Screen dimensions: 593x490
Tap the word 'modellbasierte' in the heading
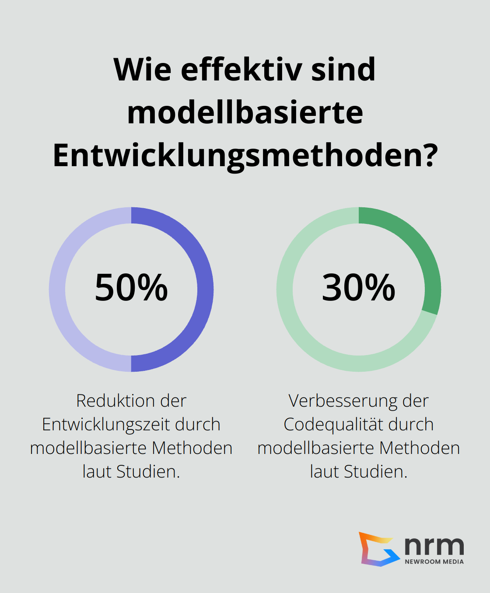click(x=245, y=112)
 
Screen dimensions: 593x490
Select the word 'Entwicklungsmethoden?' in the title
click(x=245, y=156)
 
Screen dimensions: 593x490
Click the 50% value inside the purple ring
click(x=131, y=287)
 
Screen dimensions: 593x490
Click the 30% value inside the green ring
click(x=359, y=287)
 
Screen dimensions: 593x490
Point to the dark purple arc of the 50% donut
click(x=205, y=290)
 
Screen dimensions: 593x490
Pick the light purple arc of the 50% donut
click(x=57, y=290)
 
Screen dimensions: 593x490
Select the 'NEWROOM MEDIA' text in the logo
click(x=434, y=562)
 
